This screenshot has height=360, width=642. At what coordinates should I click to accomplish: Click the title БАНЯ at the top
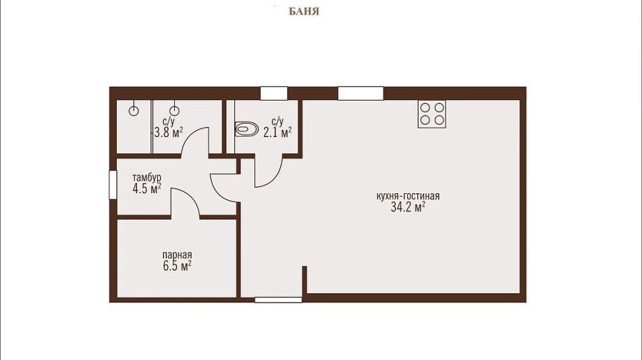(x=304, y=11)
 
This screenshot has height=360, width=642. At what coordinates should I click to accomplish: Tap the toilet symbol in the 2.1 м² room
(x=246, y=129)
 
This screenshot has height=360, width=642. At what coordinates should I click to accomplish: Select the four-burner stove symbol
(x=432, y=114)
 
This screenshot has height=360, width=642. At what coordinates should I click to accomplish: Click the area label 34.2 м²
(x=408, y=207)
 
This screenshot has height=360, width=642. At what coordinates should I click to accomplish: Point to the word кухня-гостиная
(x=408, y=196)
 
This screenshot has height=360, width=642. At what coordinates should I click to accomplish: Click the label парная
(x=177, y=255)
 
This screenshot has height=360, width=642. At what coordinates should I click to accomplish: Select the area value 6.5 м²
(x=177, y=266)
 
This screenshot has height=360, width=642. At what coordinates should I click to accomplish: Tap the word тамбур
(x=146, y=178)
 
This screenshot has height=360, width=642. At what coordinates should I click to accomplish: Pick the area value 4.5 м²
(x=146, y=189)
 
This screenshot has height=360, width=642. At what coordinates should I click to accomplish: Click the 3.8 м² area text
(x=168, y=132)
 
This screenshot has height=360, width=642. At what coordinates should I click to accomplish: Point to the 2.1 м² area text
(x=277, y=132)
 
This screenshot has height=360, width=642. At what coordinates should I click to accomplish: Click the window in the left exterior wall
(x=113, y=184)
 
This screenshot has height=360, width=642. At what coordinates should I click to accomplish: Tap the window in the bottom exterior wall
(x=278, y=300)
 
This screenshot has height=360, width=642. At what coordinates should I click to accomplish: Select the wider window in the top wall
(x=360, y=93)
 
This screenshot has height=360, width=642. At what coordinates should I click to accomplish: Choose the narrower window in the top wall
(x=274, y=93)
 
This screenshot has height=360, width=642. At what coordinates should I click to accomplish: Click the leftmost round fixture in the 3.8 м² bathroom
(x=134, y=111)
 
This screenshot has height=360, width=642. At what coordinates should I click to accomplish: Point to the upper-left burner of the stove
(x=425, y=107)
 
